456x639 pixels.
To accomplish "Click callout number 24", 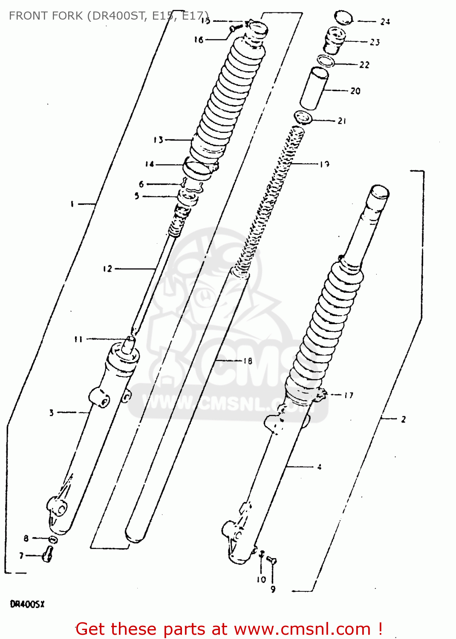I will (385, 22).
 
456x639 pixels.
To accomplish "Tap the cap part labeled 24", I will (344, 18).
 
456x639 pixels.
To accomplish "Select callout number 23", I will (375, 42).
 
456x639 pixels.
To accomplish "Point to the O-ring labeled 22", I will (326, 60).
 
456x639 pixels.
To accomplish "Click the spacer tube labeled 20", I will (314, 88).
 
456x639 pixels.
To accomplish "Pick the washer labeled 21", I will (303, 118).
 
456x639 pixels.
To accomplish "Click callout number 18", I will (248, 361).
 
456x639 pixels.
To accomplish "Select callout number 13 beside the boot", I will (159, 140).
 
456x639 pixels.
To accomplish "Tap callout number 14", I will (150, 164).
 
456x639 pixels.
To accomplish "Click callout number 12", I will (107, 268).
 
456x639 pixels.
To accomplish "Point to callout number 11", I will (78, 340).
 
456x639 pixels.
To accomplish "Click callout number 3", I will (52, 412).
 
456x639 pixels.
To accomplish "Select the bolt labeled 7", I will (47, 554).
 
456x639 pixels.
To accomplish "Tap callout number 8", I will (26, 538).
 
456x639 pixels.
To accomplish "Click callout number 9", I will (273, 589).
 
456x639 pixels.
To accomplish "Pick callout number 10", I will (261, 579).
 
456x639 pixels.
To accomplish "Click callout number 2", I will (403, 419).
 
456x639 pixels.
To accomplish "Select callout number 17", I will (349, 395).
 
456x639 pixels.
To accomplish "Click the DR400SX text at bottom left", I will (27, 604).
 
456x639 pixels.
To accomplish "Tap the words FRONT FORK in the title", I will (46, 16).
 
